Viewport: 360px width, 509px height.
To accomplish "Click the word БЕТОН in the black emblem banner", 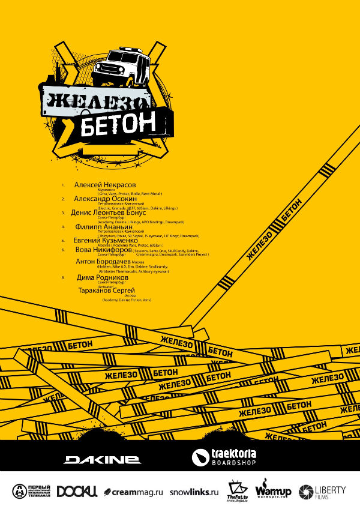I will (x=118, y=122).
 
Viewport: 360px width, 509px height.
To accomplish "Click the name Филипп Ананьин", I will (x=103, y=227).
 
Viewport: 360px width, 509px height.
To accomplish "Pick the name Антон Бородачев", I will (x=103, y=262).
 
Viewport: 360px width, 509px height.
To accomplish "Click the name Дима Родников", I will (x=103, y=277).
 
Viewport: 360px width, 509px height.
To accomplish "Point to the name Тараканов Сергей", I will (x=107, y=290).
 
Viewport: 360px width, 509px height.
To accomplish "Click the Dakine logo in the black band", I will (x=103, y=459).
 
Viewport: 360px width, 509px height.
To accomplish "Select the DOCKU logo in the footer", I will (x=77, y=492).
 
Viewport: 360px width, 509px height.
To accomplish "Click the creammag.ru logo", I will (x=133, y=492).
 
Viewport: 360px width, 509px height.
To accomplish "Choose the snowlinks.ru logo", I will (x=194, y=492).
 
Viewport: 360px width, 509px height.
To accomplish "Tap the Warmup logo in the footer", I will (x=273, y=490).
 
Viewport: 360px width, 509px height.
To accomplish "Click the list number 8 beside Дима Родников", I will (x=63, y=278).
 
